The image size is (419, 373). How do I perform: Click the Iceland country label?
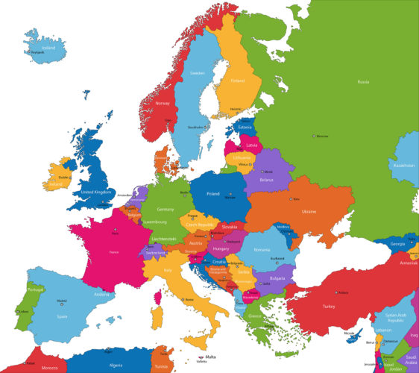(48, 47)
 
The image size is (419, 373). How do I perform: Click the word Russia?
(363, 81)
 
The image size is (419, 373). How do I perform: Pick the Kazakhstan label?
(403, 165)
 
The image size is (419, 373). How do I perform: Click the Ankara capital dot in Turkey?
(336, 292)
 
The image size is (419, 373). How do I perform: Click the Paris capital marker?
(115, 232)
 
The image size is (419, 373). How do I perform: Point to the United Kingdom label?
(95, 192)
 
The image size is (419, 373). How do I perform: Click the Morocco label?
(49, 368)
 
